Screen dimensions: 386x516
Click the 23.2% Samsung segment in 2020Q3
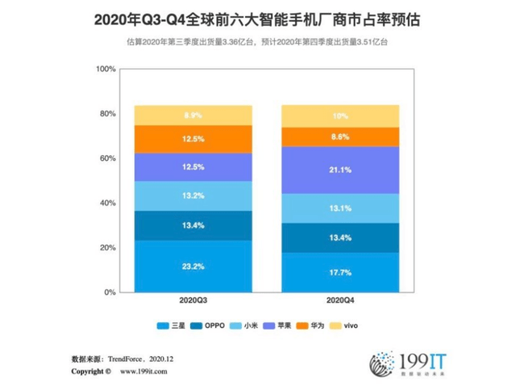[x=193, y=266]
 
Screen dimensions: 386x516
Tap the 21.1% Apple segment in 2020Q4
[x=339, y=170]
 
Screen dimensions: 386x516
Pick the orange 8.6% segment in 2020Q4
[x=339, y=137]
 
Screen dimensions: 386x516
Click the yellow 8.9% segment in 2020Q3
[x=193, y=115]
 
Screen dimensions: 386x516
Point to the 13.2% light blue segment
[x=193, y=195]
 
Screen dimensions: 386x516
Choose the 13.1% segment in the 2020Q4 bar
[x=339, y=208]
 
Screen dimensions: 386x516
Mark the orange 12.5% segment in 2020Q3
[x=193, y=139]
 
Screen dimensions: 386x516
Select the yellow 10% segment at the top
[x=339, y=115]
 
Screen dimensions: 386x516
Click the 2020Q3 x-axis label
[x=193, y=300]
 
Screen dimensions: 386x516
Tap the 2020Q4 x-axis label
[x=339, y=300]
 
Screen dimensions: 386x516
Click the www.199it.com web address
[x=144, y=372]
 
